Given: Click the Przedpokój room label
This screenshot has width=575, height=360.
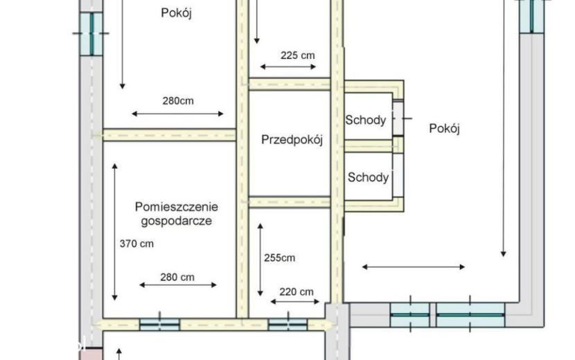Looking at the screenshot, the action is coord(292,140).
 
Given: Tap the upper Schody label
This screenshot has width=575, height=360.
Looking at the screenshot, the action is coord(366,120).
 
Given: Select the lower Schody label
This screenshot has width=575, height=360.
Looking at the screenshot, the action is coord(368,177).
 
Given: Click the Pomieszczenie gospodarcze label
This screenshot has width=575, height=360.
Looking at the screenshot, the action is coord(177,214).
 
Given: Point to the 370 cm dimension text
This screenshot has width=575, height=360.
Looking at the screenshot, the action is coord(136,244).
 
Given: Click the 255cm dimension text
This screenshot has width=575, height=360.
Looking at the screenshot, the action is coord(279,258).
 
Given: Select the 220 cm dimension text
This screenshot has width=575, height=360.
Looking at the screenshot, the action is coord(297,292).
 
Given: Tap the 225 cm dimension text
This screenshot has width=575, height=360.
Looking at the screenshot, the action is coord(297,55).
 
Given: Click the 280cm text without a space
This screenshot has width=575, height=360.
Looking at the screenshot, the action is coord(178,101).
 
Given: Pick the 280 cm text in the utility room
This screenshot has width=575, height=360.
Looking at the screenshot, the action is coord(177,277).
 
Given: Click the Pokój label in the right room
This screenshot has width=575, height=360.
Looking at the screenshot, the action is coord(444,129).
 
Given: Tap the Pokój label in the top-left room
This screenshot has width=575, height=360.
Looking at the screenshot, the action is coord(176,13).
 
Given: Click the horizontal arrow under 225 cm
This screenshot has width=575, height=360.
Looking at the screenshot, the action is coord(288,66).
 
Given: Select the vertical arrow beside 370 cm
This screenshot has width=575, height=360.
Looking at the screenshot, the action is coord(115,232).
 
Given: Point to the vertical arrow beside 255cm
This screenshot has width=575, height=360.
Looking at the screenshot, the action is coord(260,260).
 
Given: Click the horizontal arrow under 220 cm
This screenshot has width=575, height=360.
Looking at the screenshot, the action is coord(295,302).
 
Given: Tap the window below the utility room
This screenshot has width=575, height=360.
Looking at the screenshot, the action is coord(159,325).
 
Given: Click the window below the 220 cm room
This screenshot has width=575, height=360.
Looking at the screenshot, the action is coord(288,325).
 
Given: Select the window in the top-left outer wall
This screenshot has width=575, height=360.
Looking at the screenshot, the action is coord(91,34).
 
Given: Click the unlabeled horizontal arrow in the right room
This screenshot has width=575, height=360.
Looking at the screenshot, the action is coord(414,267).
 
